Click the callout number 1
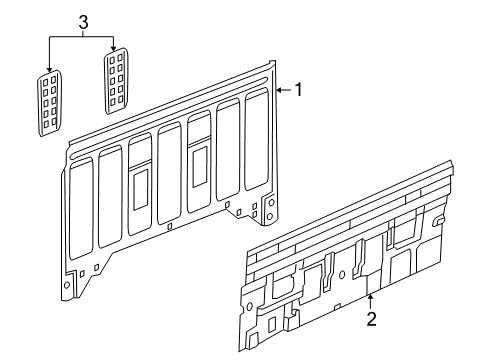pos(297,90)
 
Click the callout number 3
pos(83,22)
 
